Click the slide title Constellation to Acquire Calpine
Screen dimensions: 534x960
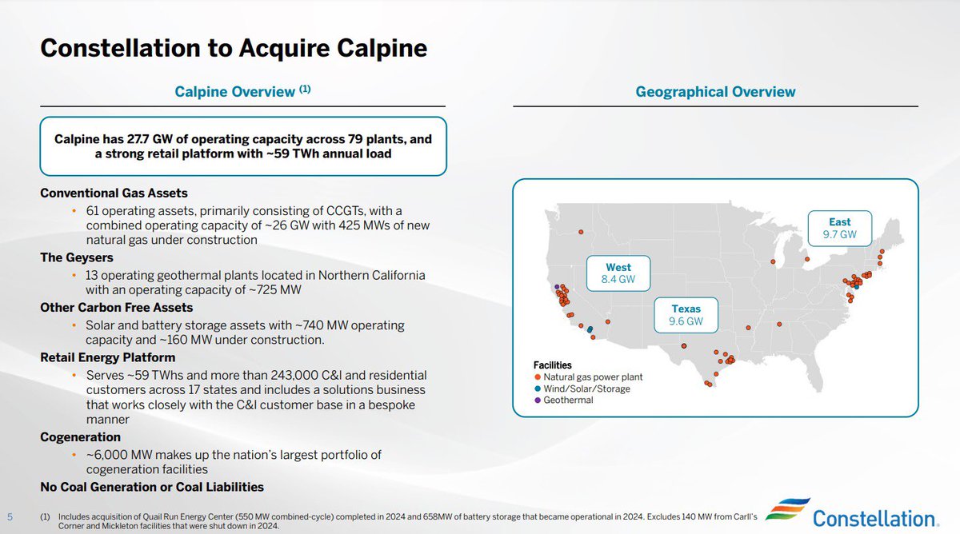pyautogui.click(x=233, y=49)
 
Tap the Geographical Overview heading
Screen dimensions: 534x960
pyautogui.click(x=715, y=92)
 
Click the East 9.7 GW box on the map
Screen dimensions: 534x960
pyautogui.click(x=839, y=229)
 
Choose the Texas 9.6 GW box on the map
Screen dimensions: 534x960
pyautogui.click(x=686, y=315)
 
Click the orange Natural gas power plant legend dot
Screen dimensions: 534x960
pyautogui.click(x=538, y=377)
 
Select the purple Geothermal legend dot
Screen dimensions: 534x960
pyautogui.click(x=538, y=400)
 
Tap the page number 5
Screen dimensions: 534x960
pyautogui.click(x=10, y=516)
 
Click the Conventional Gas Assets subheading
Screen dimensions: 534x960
pyautogui.click(x=114, y=193)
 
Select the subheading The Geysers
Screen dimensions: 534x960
pyautogui.click(x=77, y=257)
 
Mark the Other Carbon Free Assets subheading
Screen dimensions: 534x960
pyautogui.click(x=117, y=307)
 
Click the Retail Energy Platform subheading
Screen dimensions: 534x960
pyautogui.click(x=107, y=357)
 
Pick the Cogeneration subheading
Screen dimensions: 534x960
pyautogui.click(x=80, y=437)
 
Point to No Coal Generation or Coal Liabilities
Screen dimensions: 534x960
pyautogui.click(x=152, y=486)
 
